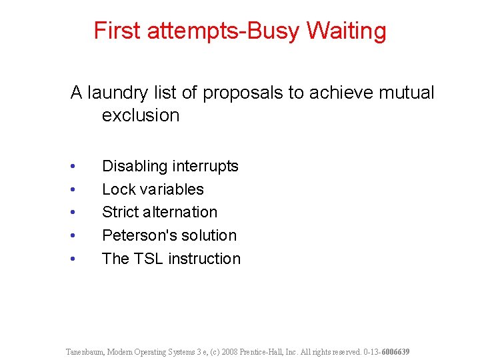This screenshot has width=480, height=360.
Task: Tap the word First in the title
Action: [117, 31]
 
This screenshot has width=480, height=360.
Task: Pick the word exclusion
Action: [141, 115]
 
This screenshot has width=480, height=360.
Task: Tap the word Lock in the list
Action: [118, 189]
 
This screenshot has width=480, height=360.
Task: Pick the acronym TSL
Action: [149, 259]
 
